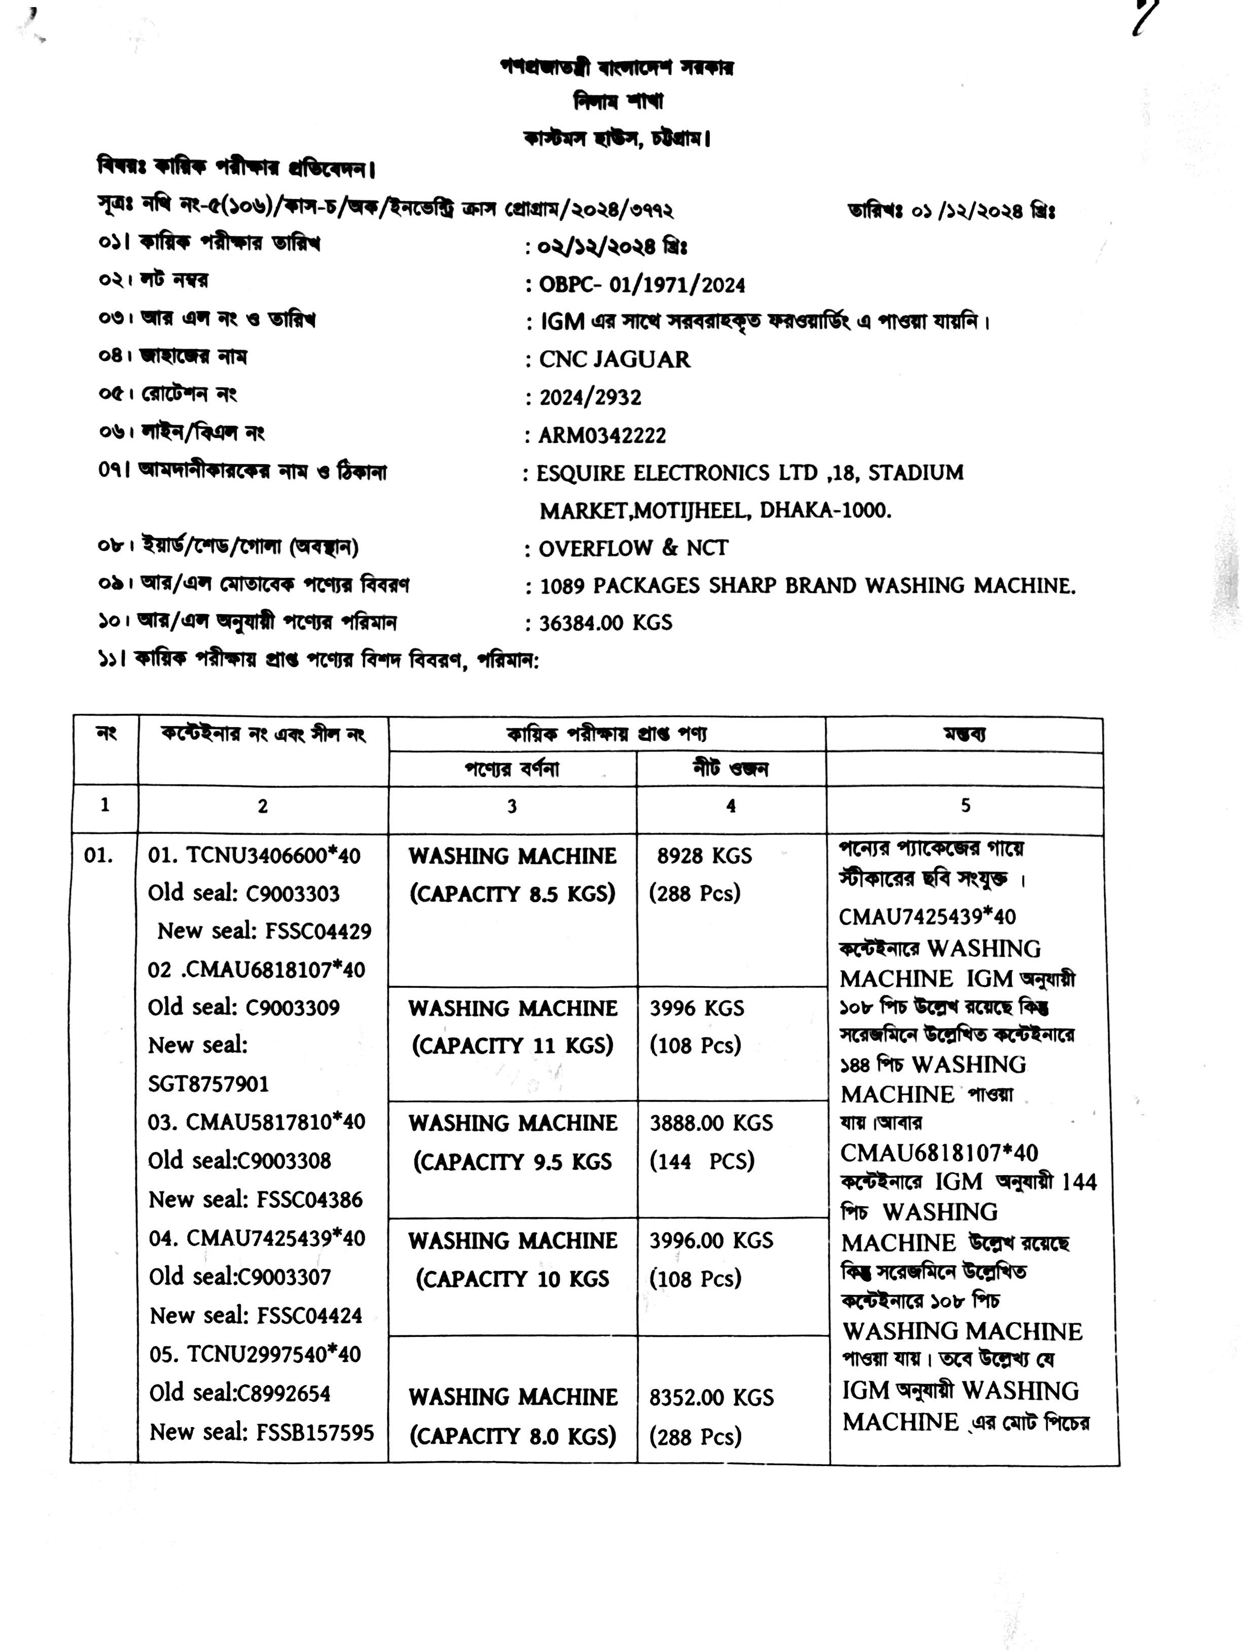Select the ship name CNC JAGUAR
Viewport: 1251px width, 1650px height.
615,359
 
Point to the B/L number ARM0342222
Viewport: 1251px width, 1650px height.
603,436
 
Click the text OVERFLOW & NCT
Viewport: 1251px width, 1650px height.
633,548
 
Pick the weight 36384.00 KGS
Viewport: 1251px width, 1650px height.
606,623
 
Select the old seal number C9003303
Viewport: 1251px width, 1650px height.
292,893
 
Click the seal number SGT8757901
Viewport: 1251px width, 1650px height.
208,1084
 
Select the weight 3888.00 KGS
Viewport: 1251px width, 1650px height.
711,1122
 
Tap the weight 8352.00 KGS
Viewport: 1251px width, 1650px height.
711,1397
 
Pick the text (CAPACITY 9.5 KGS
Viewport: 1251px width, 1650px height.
512,1161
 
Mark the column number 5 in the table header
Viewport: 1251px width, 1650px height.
965,806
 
